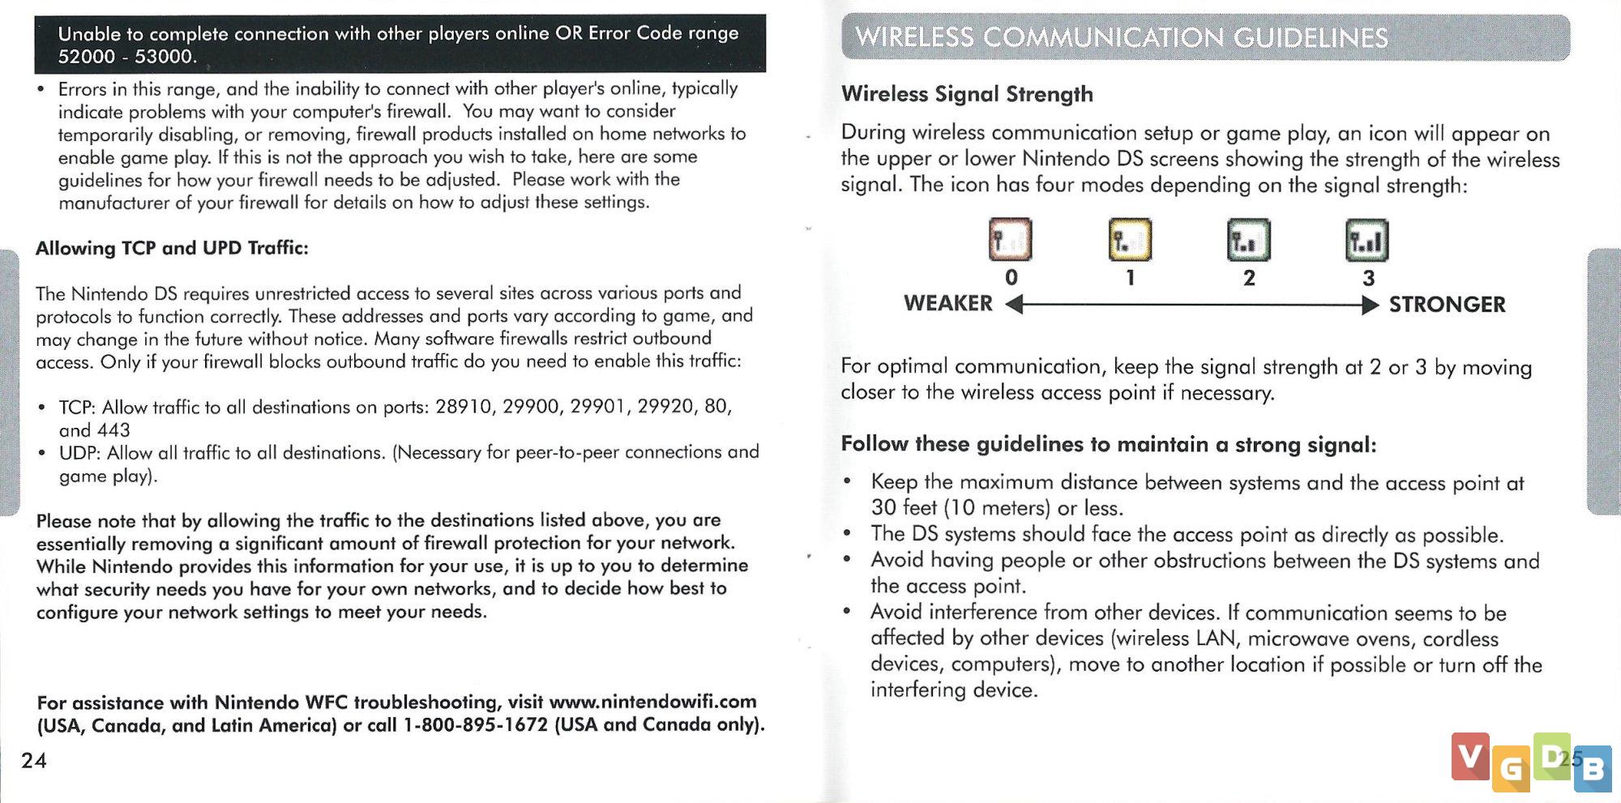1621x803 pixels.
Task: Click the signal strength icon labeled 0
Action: click(x=1010, y=240)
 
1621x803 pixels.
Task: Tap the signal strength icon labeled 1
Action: click(x=1130, y=240)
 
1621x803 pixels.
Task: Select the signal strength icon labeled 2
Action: click(x=1248, y=241)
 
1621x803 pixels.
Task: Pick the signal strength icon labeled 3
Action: click(x=1367, y=241)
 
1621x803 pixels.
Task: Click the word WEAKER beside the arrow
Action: click(x=947, y=303)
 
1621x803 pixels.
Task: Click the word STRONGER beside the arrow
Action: click(x=1447, y=305)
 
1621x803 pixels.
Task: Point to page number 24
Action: click(x=34, y=760)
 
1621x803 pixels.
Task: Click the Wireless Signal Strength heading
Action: click(x=967, y=94)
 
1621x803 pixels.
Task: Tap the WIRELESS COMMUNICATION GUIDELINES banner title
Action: click(x=1122, y=37)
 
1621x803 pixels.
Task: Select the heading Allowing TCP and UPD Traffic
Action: click(x=172, y=248)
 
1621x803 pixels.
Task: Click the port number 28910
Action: click(x=464, y=406)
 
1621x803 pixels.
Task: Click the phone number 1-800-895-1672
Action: click(x=475, y=724)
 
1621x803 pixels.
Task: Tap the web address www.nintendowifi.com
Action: click(x=652, y=702)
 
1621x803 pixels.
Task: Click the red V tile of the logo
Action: click(x=1470, y=756)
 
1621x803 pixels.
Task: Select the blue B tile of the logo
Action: click(x=1593, y=768)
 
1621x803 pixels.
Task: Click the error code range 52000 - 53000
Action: click(x=126, y=57)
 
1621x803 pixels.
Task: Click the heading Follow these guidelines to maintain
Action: click(x=1108, y=444)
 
